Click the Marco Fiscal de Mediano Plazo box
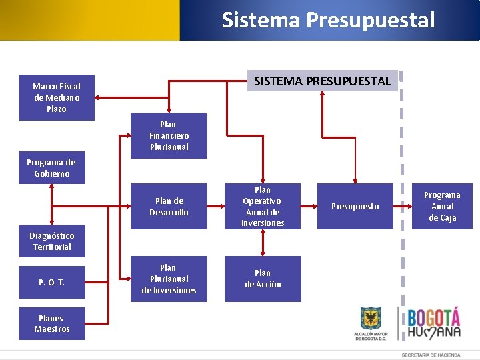click(x=56, y=97)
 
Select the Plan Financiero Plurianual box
click(x=169, y=135)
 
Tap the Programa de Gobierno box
click(x=51, y=168)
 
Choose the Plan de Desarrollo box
click(x=169, y=207)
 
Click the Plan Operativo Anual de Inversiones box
click(x=263, y=207)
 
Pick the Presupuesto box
click(x=355, y=207)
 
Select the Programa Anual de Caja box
click(x=442, y=207)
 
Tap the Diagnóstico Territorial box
click(x=51, y=241)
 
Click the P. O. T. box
click(x=51, y=283)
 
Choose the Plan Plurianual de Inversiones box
click(x=169, y=279)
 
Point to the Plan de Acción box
click(x=263, y=279)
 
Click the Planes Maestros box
click(x=51, y=324)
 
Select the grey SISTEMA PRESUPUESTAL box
click(x=322, y=81)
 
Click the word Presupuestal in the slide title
click(x=370, y=20)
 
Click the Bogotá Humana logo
click(x=434, y=323)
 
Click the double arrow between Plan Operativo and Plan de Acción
click(x=263, y=243)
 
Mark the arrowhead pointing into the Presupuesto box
click(x=355, y=179)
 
